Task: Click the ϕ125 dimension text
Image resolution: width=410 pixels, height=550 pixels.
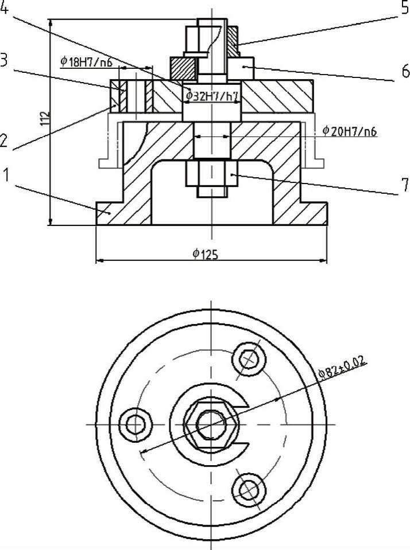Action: point(205,253)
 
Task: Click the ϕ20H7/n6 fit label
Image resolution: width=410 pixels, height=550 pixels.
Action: point(349,131)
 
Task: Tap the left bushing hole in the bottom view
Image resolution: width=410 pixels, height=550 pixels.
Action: point(137,424)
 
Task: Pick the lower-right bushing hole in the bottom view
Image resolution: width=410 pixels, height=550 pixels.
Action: point(249,489)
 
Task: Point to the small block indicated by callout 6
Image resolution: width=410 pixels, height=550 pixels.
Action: point(243,68)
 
